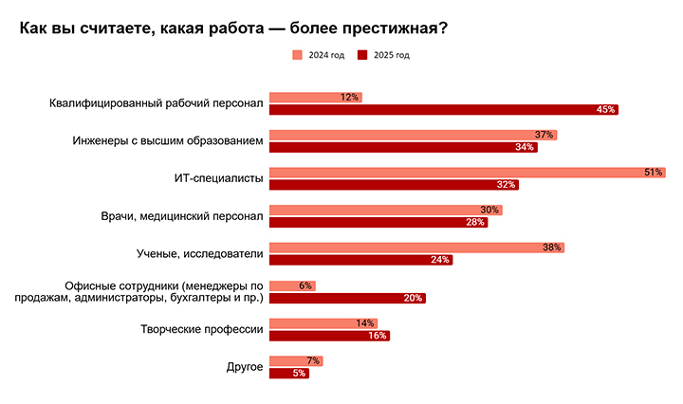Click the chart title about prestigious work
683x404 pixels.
point(233,28)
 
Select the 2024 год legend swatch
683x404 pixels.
point(297,56)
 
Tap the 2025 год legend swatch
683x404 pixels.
point(362,56)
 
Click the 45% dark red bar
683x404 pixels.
point(443,110)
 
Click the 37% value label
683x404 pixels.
point(544,135)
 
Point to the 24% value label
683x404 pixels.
point(440,260)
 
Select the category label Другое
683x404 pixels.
point(245,367)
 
